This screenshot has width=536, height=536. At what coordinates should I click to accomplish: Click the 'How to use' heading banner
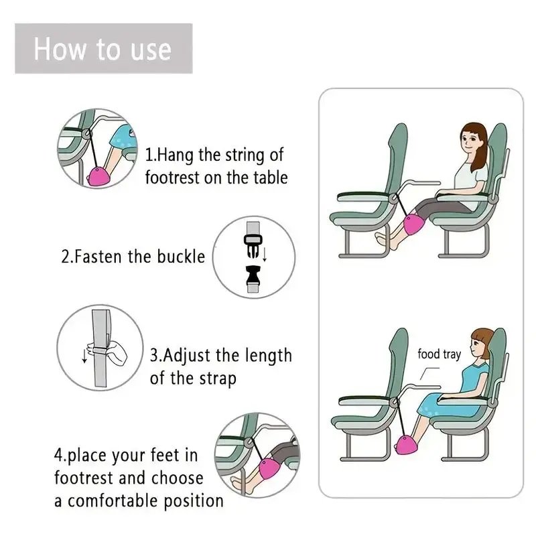pyautogui.click(x=103, y=49)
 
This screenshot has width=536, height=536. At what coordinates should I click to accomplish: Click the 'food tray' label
pyautogui.click(x=439, y=354)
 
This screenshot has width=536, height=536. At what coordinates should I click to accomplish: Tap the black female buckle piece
pyautogui.click(x=253, y=275)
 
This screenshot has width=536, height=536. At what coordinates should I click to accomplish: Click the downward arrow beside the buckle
pyautogui.click(x=265, y=254)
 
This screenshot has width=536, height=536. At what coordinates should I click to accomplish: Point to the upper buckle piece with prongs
pyautogui.click(x=253, y=248)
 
